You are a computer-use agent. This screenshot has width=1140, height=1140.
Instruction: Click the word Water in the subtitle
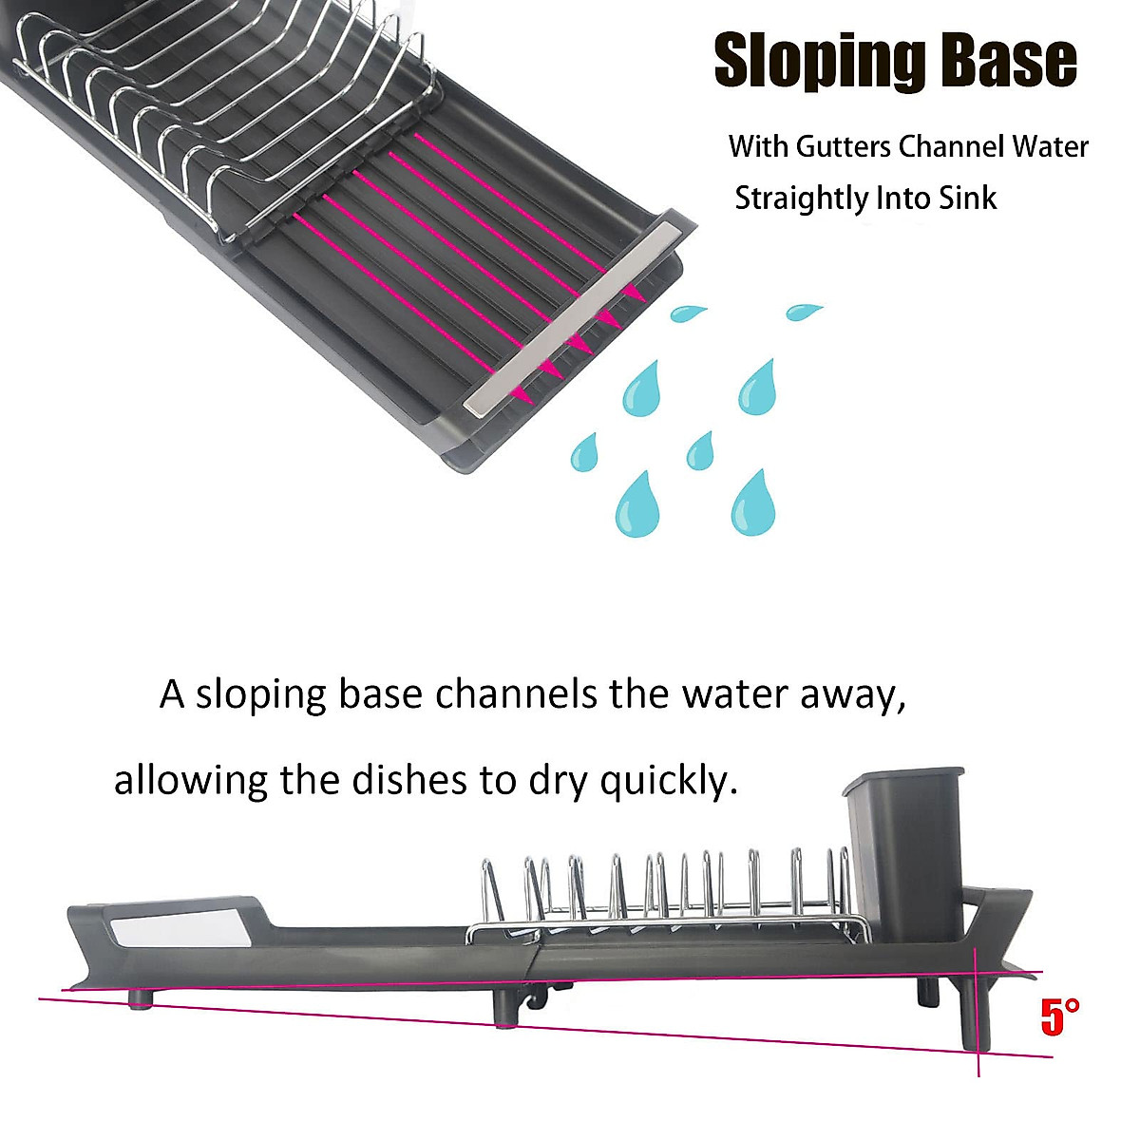coord(1049,147)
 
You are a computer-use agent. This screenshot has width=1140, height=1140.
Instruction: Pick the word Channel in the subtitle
coord(951,147)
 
